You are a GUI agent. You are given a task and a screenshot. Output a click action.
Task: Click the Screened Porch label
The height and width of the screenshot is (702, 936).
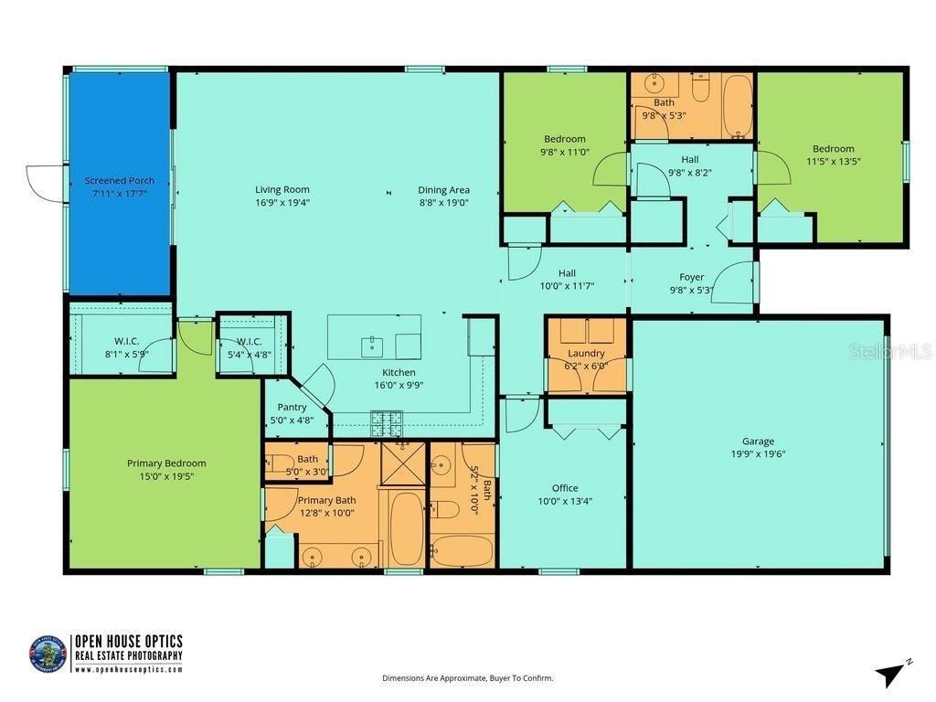point(120,181)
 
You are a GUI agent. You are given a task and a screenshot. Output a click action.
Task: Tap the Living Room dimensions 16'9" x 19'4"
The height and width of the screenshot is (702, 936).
point(282,203)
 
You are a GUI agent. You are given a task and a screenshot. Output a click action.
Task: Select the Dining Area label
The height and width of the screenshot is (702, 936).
point(444,190)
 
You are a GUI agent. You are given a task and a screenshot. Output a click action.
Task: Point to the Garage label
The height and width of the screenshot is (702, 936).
point(758,441)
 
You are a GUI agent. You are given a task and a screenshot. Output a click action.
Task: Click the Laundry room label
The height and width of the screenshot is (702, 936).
point(586,353)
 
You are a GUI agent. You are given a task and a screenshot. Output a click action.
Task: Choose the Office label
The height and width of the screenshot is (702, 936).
point(565,488)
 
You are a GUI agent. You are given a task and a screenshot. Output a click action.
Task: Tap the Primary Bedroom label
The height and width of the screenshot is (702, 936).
point(166,463)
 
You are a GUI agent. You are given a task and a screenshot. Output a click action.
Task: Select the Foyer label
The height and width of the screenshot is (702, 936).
point(691,277)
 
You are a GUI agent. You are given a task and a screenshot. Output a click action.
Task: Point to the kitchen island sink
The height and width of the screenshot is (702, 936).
point(372,345)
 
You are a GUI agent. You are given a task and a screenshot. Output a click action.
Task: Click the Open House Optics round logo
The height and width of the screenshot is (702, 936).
point(48,654)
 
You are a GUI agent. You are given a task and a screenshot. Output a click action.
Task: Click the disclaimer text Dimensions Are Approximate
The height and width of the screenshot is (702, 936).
point(467,678)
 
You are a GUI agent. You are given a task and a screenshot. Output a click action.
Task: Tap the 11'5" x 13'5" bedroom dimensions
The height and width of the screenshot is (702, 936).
point(834,161)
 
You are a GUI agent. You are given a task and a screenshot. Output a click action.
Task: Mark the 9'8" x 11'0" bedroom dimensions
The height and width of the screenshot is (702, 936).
point(564,153)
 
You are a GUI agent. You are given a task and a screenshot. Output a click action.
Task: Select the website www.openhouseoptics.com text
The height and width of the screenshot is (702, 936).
point(128,669)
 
